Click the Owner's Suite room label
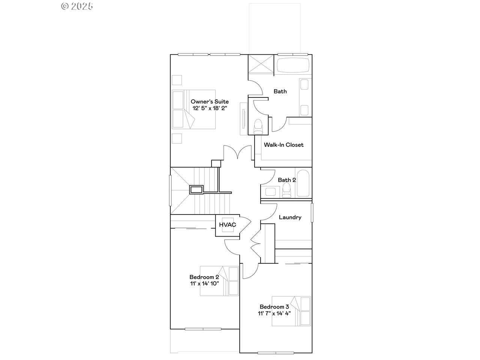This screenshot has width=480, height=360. (210, 101)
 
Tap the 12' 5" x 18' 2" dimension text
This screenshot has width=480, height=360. (210, 108)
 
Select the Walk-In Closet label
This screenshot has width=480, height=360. (283, 145)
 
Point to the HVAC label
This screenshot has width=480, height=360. (227, 225)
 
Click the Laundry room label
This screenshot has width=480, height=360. (290, 217)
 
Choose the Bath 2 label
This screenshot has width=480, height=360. (287, 180)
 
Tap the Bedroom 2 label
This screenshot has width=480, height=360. (204, 277)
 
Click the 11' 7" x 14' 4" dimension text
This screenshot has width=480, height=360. (274, 313)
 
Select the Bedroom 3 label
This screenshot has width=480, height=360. (274, 307)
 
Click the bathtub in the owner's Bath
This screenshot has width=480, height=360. (293, 65)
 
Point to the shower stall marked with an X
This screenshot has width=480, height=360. (261, 65)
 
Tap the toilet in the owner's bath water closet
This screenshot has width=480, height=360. (258, 126)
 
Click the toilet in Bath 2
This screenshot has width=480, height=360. (286, 190)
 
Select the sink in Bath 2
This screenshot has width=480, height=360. (270, 192)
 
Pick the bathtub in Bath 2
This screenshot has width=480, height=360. (303, 183)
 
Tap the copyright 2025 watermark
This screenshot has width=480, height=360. (77, 6)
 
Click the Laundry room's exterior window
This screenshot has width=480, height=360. (312, 213)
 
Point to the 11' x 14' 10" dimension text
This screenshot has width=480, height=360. (204, 283)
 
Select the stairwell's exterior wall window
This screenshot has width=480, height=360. (170, 190)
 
